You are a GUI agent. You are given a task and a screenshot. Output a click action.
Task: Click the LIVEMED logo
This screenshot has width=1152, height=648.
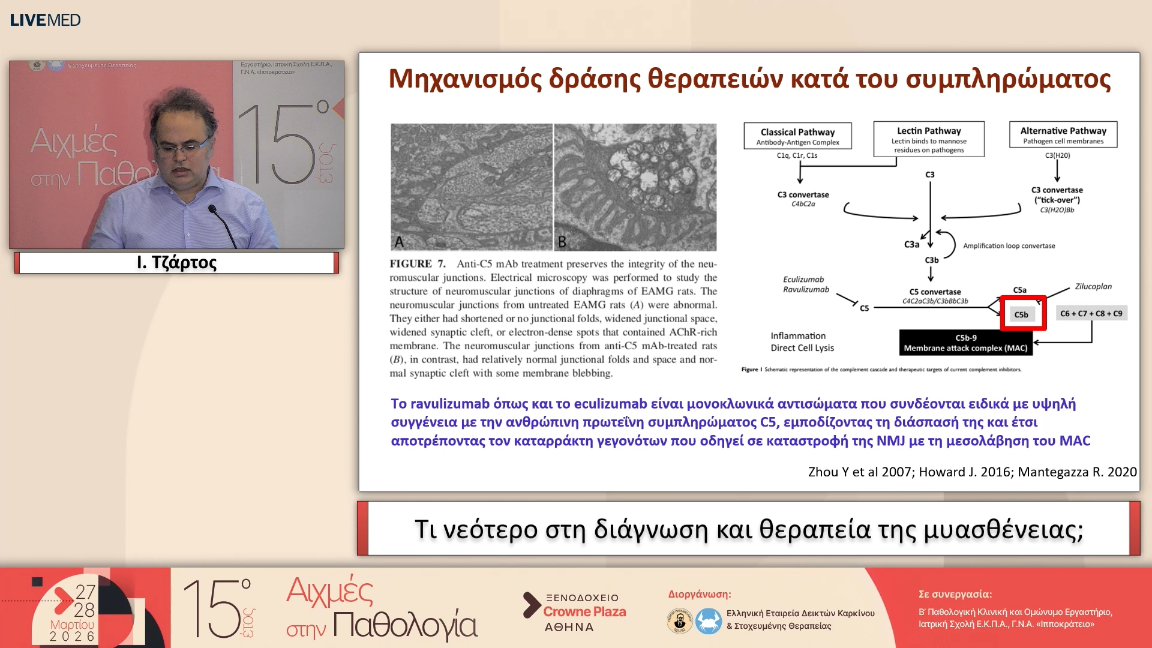(x=45, y=20)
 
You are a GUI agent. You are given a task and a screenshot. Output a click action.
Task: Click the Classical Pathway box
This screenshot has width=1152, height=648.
(x=797, y=136)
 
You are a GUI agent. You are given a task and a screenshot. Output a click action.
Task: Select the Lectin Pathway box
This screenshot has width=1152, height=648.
(x=928, y=139)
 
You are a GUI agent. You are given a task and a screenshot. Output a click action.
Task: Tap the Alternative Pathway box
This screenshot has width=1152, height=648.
(x=1063, y=135)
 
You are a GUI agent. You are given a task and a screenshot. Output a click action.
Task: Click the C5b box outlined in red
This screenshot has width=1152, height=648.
(x=1022, y=314)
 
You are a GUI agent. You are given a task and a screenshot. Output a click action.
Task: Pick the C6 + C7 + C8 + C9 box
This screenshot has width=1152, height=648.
(x=1091, y=313)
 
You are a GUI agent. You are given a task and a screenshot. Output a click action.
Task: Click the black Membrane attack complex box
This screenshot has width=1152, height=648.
(x=965, y=343)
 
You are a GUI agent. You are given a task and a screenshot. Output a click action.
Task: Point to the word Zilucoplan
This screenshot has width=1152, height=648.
(x=1093, y=286)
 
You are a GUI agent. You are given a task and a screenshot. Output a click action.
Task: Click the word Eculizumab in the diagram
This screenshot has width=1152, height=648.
(x=803, y=279)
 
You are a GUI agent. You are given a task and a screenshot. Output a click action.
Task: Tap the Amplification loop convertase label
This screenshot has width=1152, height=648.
(x=1009, y=245)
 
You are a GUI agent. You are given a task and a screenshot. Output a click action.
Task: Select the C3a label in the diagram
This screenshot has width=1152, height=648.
(x=911, y=244)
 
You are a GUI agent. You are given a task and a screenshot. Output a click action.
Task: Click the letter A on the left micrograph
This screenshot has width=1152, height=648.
(x=400, y=242)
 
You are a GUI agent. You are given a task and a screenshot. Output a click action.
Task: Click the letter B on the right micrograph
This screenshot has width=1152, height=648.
(x=562, y=242)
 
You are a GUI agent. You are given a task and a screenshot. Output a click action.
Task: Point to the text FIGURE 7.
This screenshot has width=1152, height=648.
(x=417, y=264)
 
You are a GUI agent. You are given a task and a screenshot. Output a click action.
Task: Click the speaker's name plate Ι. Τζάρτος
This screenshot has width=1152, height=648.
(x=176, y=263)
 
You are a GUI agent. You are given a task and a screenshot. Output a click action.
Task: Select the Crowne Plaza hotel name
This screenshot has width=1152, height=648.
(x=584, y=611)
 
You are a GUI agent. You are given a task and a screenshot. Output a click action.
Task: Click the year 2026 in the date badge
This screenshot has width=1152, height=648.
(x=72, y=636)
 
